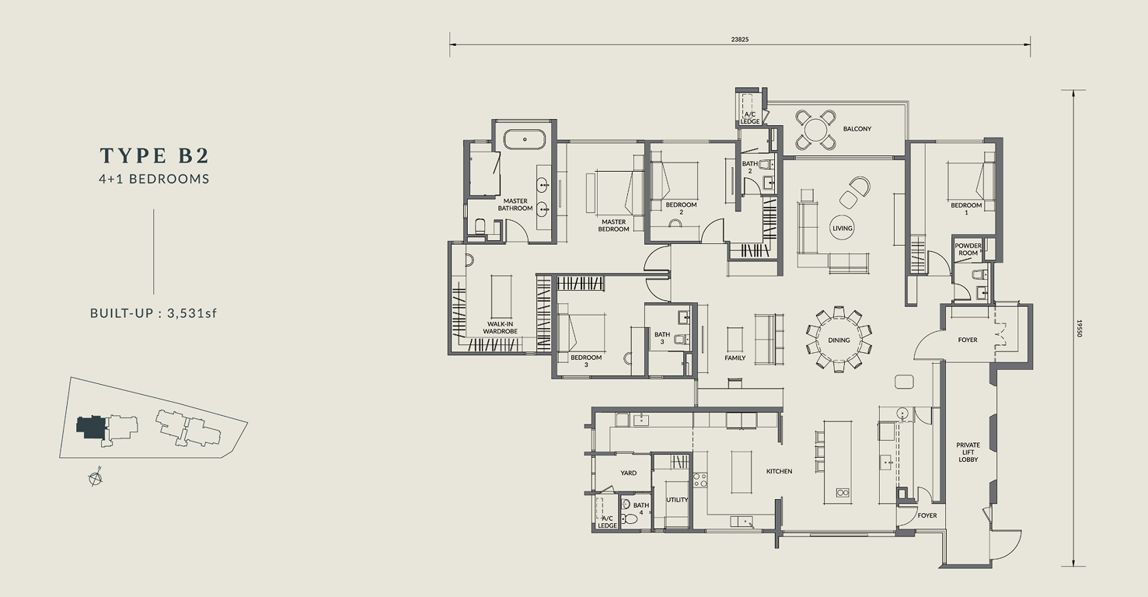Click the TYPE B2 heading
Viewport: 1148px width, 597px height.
pos(154,155)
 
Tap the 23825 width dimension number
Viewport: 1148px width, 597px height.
pos(740,39)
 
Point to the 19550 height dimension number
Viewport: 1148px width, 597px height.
pos(1079,329)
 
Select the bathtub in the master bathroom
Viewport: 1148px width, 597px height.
pos(525,139)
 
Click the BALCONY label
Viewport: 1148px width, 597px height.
pos(857,128)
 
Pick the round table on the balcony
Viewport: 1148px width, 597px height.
pos(815,129)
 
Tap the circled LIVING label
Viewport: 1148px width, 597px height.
pos(843,228)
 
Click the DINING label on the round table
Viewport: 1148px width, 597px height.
pos(839,340)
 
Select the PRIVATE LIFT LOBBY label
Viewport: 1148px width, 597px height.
pos(968,452)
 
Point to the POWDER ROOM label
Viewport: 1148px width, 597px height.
pos(968,250)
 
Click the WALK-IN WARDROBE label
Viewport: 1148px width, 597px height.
pos(501,327)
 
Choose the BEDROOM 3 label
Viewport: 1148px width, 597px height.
pos(586,361)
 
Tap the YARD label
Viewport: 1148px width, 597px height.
pos(628,473)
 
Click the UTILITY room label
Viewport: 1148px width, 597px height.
pos(677,500)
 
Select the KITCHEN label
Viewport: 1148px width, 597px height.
pos(779,471)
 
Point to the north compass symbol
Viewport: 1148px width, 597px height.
pos(96,478)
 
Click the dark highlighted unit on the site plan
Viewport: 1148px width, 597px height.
pos(91,427)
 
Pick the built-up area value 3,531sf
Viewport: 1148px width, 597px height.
pos(192,313)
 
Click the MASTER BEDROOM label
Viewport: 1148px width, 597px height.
pos(613,225)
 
